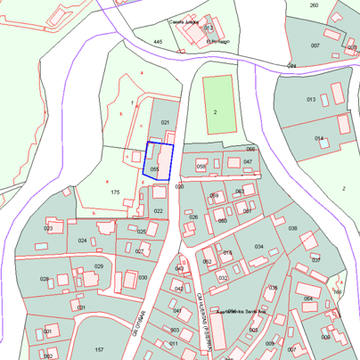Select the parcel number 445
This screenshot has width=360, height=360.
(x=158, y=42)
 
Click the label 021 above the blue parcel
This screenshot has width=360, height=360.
(x=164, y=122)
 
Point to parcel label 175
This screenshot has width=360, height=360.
(x=114, y=192)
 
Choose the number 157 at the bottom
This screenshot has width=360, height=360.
(x=100, y=349)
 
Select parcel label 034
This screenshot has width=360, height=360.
(x=258, y=247)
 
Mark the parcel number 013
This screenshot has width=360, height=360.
(x=311, y=99)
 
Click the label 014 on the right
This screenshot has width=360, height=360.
(x=318, y=138)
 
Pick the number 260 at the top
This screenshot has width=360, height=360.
(x=314, y=5)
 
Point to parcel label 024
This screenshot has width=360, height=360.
(x=82, y=241)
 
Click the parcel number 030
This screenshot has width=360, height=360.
(x=143, y=277)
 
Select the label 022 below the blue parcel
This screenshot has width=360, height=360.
(x=158, y=211)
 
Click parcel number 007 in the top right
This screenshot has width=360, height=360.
(x=315, y=45)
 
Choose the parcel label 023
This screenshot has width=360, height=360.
(x=48, y=228)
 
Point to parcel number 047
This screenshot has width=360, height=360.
(x=248, y=161)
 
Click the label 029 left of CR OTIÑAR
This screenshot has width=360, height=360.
(x=99, y=266)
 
